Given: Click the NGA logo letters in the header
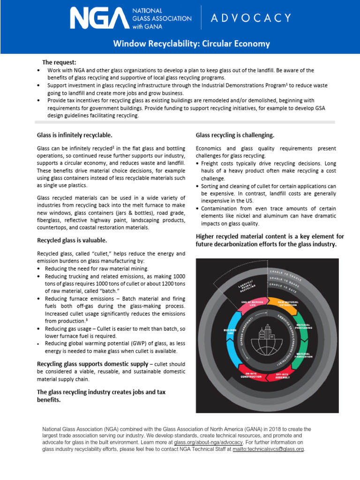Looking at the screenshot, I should coord(98,18).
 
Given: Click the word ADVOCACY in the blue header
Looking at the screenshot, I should coord(251,18).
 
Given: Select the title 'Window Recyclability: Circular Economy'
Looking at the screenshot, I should coord(191,44).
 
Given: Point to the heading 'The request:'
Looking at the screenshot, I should coord(59,62).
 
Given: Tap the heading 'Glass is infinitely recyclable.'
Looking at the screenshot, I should coord(75,135).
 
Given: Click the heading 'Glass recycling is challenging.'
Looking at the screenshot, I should coord(235,135).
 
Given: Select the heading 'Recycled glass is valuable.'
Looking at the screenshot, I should coord(72,240).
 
